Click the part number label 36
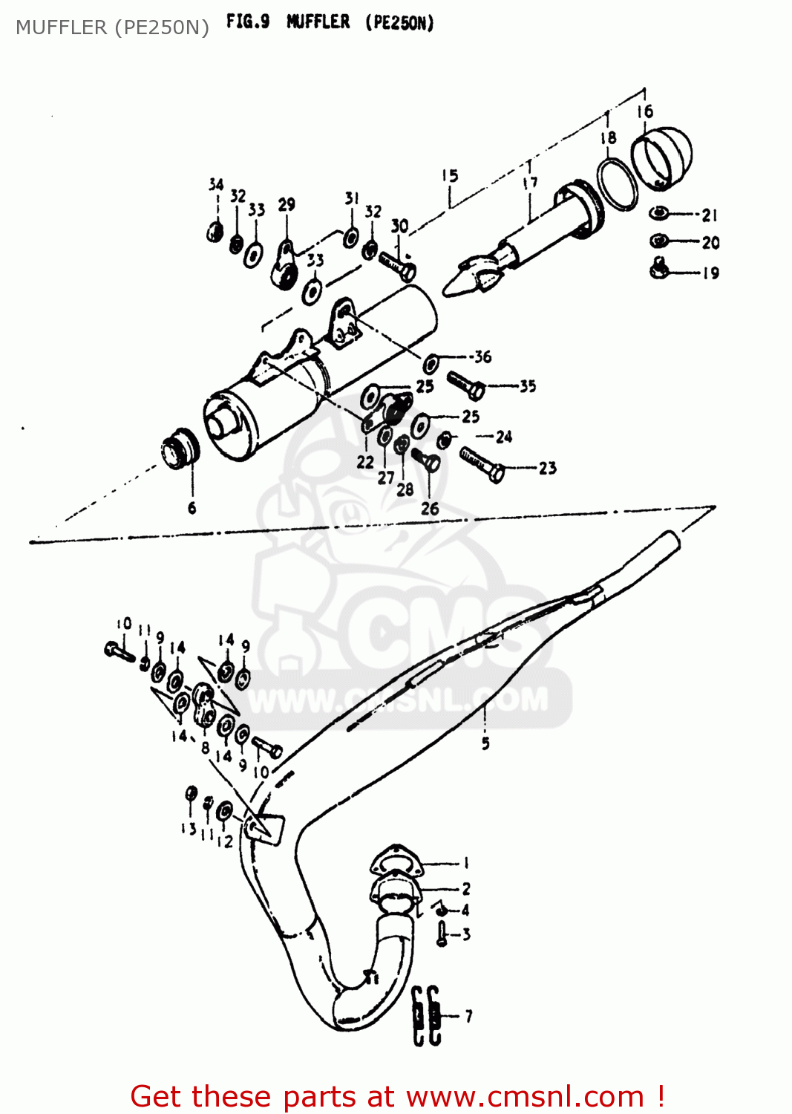click(x=483, y=357)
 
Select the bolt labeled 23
click(x=482, y=464)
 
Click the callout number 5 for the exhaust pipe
click(x=485, y=743)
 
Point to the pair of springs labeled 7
click(x=426, y=1016)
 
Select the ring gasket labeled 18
click(x=617, y=183)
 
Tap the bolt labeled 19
click(x=659, y=268)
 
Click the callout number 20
click(x=710, y=243)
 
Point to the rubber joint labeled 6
click(x=180, y=449)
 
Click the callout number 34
click(x=216, y=184)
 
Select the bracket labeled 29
click(x=285, y=264)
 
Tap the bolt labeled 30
click(x=397, y=265)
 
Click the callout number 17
click(x=530, y=183)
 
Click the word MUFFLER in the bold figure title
click(x=318, y=22)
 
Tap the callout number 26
click(x=430, y=509)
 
